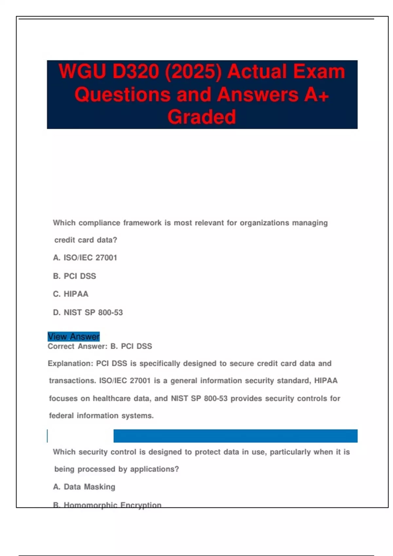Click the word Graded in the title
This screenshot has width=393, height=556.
click(x=202, y=117)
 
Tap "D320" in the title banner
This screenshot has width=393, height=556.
click(x=136, y=72)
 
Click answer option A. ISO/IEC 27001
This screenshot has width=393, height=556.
click(x=85, y=258)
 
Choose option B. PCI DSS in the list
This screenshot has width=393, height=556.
click(x=75, y=276)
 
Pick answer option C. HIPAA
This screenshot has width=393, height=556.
click(x=71, y=294)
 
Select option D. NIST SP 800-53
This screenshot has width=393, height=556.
click(x=88, y=312)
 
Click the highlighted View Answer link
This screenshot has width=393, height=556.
click(x=74, y=337)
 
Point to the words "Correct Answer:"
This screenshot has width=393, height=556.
click(x=78, y=346)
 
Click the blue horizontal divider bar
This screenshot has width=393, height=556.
click(x=235, y=436)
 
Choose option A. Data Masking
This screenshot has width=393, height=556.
click(x=84, y=487)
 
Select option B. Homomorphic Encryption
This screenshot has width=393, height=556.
click(x=107, y=505)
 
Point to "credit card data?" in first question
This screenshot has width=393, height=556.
click(x=86, y=240)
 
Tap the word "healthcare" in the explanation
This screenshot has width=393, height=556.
click(x=112, y=399)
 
